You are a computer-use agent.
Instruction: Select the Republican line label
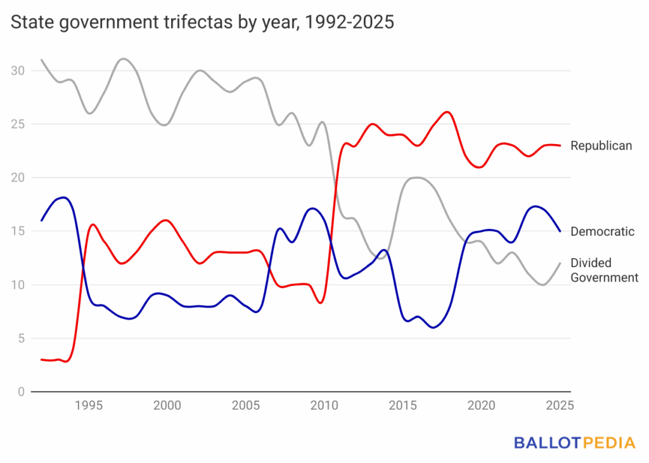pyautogui.click(x=601, y=146)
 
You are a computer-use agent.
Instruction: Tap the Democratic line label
pyautogui.click(x=602, y=231)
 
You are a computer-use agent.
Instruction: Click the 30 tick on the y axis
pyautogui.click(x=18, y=70)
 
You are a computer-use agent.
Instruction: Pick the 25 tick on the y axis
pyautogui.click(x=18, y=124)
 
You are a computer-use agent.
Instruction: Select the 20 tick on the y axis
pyautogui.click(x=18, y=178)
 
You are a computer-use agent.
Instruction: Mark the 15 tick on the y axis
pyautogui.click(x=18, y=231)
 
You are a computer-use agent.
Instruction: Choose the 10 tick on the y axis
pyautogui.click(x=18, y=285)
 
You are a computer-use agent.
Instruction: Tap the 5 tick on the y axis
pyautogui.click(x=22, y=339)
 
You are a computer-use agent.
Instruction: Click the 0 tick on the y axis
pyautogui.click(x=22, y=392)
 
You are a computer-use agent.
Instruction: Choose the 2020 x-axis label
pyautogui.click(x=480, y=406)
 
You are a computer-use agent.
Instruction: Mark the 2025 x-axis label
pyautogui.click(x=558, y=406)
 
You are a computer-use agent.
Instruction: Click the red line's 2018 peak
pyautogui.click(x=447, y=112)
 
